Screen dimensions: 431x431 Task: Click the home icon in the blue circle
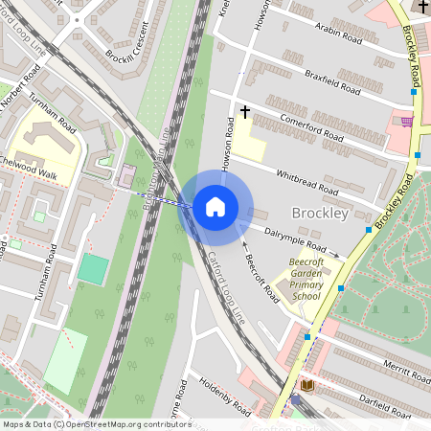pos(215,207)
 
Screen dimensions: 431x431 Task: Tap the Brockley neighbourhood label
pos(319,214)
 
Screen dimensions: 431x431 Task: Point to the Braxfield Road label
pos(331,81)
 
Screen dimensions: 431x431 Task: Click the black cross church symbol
pos(244,113)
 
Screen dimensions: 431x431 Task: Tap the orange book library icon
pos(307,385)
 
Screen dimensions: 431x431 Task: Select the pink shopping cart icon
pos(407,122)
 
